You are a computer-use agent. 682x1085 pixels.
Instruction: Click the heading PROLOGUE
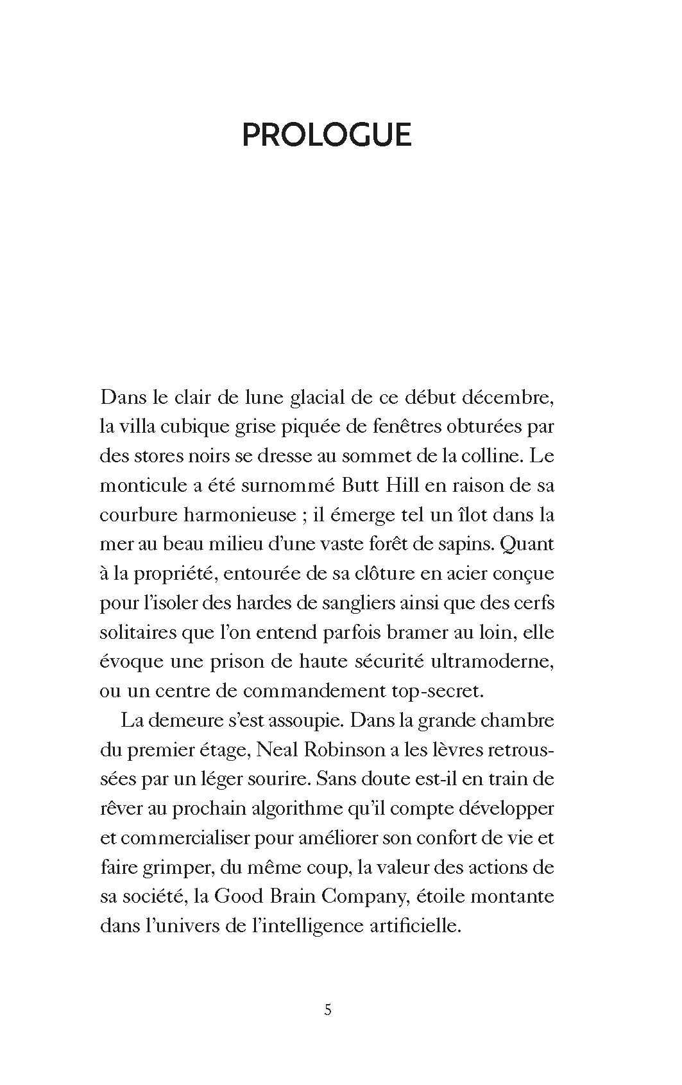point(327,135)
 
